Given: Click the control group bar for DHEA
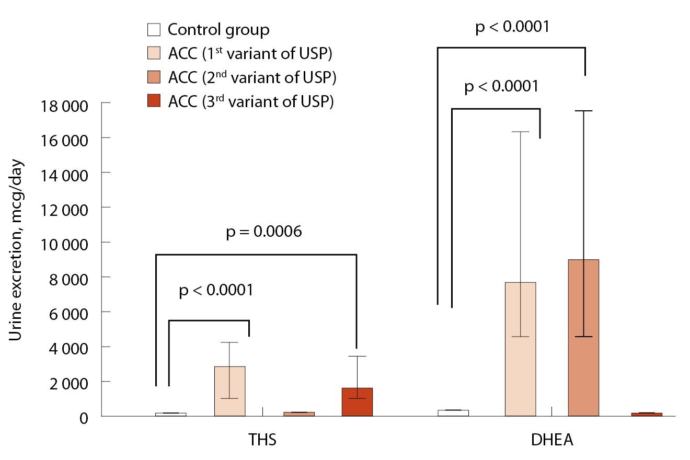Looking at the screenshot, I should point(453,413).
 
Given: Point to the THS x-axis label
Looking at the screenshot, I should point(262,440).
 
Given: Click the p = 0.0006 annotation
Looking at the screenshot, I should point(264,232).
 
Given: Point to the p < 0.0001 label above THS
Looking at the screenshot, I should point(216,289).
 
